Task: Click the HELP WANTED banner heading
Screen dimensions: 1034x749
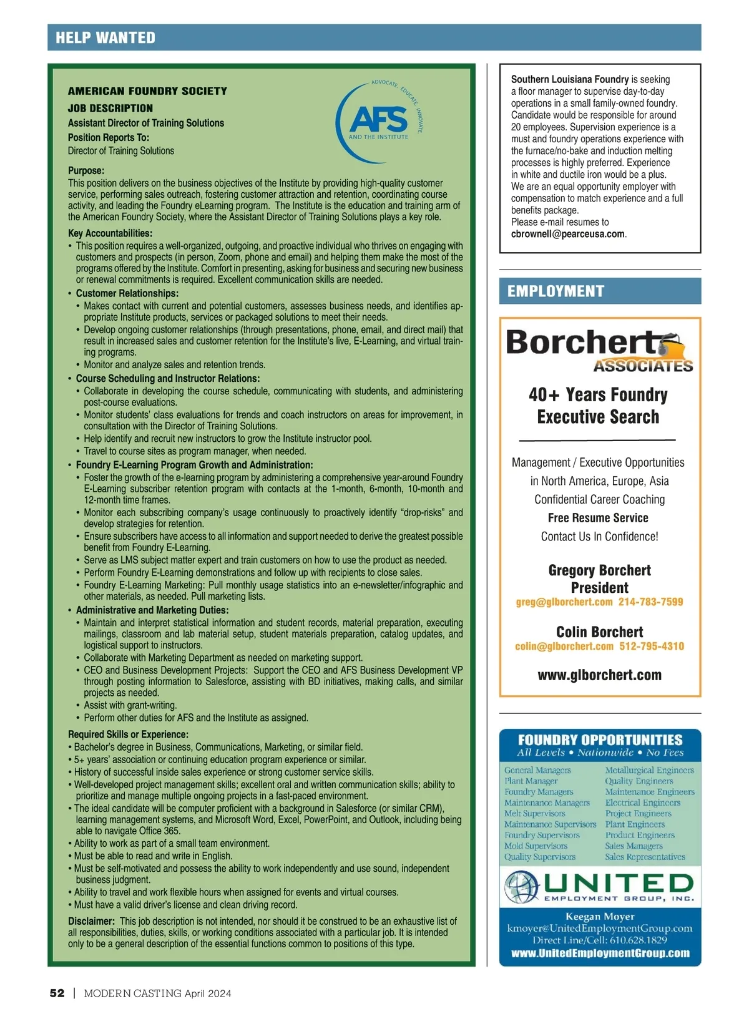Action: tap(105, 37)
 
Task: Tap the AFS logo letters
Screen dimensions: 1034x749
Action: tap(378, 119)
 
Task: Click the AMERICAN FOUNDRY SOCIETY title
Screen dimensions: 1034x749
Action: tap(147, 91)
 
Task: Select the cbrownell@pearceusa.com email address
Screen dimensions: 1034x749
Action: tap(567, 234)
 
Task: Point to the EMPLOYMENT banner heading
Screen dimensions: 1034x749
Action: tap(556, 291)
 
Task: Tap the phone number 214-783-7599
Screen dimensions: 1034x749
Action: tap(650, 602)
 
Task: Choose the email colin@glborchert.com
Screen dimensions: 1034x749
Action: tap(564, 646)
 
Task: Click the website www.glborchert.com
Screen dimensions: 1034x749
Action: tap(599, 675)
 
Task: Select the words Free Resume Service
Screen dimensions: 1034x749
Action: tap(598, 518)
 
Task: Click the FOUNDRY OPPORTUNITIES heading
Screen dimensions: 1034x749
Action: tap(600, 740)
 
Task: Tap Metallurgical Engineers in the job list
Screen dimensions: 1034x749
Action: tap(649, 771)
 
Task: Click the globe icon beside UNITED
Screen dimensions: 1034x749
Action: tap(522, 887)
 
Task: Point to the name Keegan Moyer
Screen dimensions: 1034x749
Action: tap(600, 917)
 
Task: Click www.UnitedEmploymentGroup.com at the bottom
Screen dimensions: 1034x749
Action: tap(600, 954)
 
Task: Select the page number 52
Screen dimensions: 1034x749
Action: tap(57, 993)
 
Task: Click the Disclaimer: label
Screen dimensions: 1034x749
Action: tap(91, 921)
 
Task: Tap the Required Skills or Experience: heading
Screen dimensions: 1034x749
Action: tap(128, 734)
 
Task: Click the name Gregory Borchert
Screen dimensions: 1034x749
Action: tap(599, 570)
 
